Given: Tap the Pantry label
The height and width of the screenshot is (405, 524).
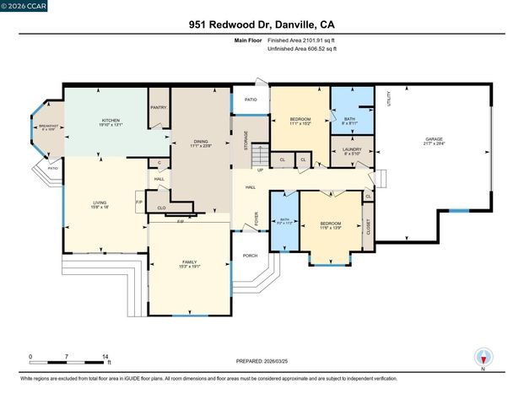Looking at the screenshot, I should tap(158, 107).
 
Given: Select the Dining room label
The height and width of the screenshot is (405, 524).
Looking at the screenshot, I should tap(201, 142).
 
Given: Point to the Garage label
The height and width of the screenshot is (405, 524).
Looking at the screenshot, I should tap(434, 139).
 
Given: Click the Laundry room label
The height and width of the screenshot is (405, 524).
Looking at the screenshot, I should tap(351, 150).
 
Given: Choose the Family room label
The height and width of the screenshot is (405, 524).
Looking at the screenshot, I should tap(190, 262).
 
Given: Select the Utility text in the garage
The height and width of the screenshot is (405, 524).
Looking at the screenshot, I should tap(388, 99).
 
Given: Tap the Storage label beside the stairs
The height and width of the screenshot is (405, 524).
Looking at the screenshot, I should tap(246, 140).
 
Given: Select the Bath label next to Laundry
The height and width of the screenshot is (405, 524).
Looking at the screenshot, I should tap(349, 119).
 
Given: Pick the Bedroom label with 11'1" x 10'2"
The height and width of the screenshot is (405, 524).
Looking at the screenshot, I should tap(300, 121).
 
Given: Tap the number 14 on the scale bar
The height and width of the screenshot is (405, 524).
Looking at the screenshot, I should tap(105, 357).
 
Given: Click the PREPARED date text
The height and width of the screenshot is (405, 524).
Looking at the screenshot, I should tap(262, 360).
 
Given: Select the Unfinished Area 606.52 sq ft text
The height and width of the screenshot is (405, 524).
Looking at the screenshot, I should tap(301, 49).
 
